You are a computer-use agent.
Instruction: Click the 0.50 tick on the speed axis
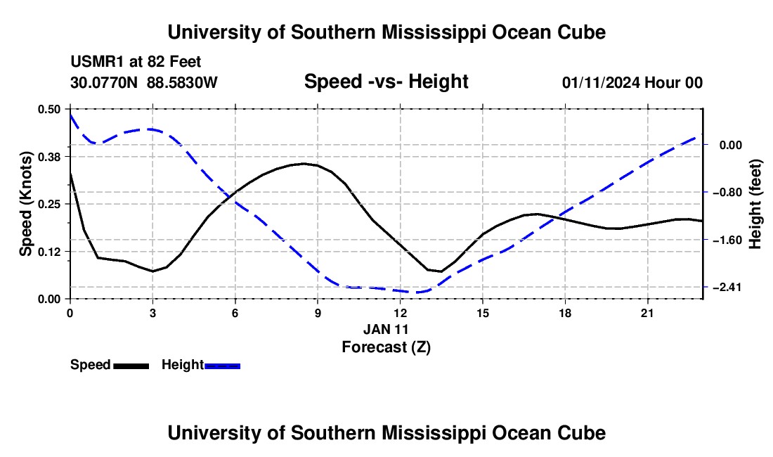(x=48, y=109)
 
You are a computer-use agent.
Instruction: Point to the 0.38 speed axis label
(x=48, y=157)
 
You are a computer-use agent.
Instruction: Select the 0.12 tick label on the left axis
(x=48, y=252)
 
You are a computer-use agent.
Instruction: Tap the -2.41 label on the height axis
(x=727, y=287)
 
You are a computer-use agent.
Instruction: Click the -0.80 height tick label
(x=727, y=192)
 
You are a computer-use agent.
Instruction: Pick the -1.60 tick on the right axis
(x=727, y=240)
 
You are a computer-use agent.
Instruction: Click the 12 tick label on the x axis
(x=401, y=313)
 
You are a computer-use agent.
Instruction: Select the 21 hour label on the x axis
(x=647, y=313)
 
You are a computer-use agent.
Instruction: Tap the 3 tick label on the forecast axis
(x=152, y=313)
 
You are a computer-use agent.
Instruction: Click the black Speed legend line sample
(x=131, y=366)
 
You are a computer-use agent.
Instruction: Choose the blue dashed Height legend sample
(x=222, y=366)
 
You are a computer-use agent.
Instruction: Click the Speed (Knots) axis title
(x=25, y=204)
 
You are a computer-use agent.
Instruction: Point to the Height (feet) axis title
(x=755, y=204)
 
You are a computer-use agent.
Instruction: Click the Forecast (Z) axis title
(x=386, y=347)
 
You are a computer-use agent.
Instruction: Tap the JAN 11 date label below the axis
(x=386, y=329)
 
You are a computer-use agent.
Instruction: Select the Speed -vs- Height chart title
(x=386, y=82)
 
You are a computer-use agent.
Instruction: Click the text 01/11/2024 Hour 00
(x=632, y=82)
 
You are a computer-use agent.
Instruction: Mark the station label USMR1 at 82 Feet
(x=136, y=62)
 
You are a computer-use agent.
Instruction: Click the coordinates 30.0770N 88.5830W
(x=143, y=82)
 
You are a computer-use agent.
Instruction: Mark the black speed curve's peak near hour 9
(x=304, y=163)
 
